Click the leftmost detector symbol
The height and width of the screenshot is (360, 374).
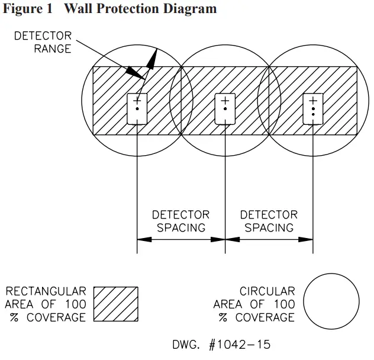137,108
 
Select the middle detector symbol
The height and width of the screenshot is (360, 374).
225,108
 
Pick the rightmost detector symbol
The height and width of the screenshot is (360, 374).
313,108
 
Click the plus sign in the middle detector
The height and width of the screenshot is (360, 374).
225,101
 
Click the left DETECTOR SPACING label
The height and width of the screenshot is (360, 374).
180,221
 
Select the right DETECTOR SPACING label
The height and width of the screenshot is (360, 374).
269,221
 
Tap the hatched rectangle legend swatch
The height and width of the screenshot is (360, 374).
116,304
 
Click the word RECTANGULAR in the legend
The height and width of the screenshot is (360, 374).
46,291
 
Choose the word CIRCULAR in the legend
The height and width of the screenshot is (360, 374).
267,291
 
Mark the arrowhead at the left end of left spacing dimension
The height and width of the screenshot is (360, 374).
143,240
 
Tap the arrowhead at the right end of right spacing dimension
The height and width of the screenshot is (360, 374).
307,240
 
